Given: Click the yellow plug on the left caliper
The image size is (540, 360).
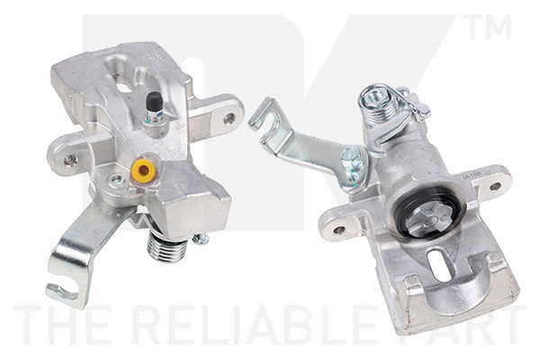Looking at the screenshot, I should [x=141, y=169].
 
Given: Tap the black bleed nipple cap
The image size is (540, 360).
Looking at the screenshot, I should [x=156, y=100].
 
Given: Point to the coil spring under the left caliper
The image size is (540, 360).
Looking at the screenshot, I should [x=167, y=245].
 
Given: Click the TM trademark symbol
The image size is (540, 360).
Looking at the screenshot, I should [x=487, y=29].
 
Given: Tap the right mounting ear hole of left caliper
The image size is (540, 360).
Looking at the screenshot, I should [x=229, y=117].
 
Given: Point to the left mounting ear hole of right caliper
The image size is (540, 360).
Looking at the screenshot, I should [x=339, y=229].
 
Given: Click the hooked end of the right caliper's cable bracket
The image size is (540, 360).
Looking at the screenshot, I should [x=261, y=115].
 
